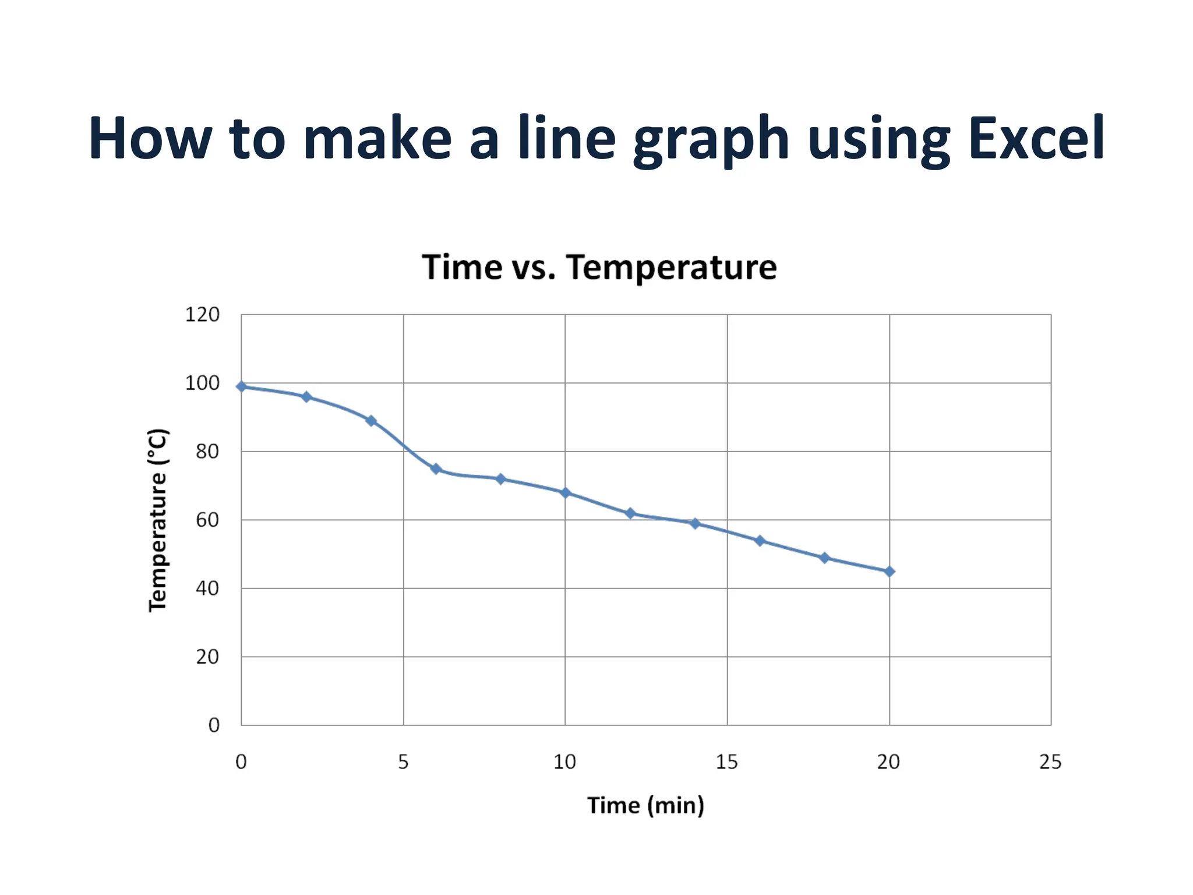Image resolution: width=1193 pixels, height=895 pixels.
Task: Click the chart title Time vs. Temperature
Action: coord(599,267)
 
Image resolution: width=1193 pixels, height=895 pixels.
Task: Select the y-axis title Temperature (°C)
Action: coord(158,520)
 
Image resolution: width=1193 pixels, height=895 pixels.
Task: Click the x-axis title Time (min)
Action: coord(645,805)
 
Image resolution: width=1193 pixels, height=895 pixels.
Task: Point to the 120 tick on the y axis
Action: coord(202,315)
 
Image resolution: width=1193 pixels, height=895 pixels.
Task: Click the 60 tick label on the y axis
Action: coord(207,520)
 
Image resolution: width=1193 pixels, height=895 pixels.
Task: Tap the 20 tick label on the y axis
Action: coord(207,657)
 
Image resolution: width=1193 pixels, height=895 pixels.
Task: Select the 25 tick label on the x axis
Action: coord(1050,762)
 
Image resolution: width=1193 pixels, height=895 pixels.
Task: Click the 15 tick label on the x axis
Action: coord(726,762)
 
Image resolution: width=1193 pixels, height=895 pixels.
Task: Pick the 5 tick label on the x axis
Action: coord(403,762)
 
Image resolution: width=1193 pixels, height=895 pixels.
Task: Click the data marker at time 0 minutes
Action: coord(242,386)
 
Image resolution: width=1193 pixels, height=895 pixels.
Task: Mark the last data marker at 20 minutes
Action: coord(889,572)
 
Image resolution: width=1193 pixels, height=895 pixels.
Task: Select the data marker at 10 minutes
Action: coord(565,493)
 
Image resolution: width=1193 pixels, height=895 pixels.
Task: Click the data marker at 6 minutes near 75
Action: coord(436,469)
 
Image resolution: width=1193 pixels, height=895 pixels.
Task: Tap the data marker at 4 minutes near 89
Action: coord(371,421)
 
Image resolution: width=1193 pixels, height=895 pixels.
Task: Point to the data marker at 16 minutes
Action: coord(760,541)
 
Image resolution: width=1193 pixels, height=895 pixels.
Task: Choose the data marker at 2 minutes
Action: coord(306,397)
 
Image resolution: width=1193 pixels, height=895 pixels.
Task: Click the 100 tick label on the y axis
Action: coord(202,383)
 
